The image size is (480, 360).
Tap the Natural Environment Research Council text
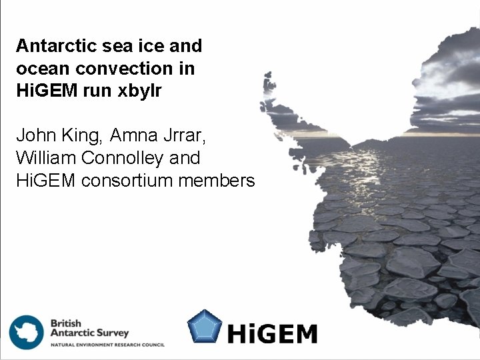click(x=107, y=345)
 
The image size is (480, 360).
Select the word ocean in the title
click(x=37, y=69)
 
